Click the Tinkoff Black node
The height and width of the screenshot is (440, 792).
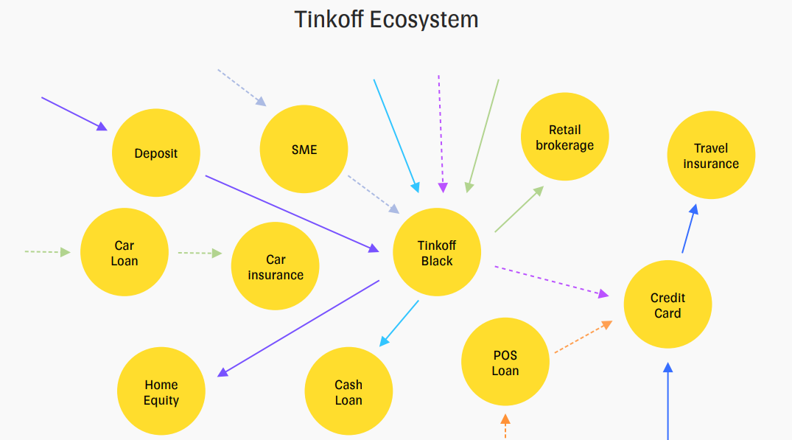tap(437, 253)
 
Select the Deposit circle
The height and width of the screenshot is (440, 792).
tap(156, 153)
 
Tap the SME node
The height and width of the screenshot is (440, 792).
tap(304, 150)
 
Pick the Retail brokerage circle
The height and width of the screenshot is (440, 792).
tap(564, 137)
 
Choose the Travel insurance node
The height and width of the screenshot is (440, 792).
tap(711, 156)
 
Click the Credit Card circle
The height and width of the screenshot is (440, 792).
tap(667, 305)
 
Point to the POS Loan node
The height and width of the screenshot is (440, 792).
tap(505, 363)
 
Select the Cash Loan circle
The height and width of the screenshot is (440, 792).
tap(348, 392)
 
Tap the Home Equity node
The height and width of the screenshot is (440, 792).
tap(161, 392)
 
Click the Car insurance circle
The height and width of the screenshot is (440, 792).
tap(276, 267)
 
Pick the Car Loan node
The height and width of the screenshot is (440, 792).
tap(125, 253)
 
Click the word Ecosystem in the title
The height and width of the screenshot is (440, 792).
tap(424, 19)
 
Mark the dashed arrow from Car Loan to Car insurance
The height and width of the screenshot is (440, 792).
tap(199, 254)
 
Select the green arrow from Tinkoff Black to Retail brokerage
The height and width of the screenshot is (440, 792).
tap(519, 209)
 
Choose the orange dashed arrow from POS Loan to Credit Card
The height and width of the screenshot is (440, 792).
tap(583, 337)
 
